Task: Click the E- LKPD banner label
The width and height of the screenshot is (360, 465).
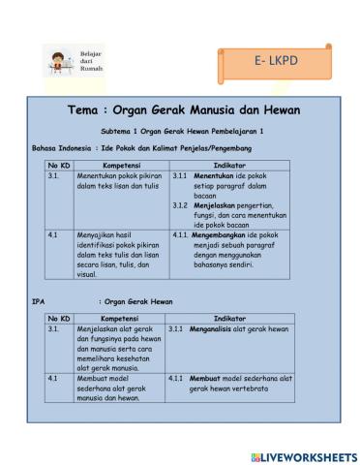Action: point(276,61)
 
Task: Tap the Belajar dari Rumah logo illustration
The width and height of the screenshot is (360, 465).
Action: point(61,60)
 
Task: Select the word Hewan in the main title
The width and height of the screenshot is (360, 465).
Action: point(278,109)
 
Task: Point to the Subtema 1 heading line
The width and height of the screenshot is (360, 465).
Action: point(181,130)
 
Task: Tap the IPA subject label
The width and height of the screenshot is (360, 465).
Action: point(39,302)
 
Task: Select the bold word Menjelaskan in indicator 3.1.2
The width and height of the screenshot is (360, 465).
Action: point(219,205)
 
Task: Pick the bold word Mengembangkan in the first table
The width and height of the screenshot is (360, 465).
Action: point(224,233)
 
